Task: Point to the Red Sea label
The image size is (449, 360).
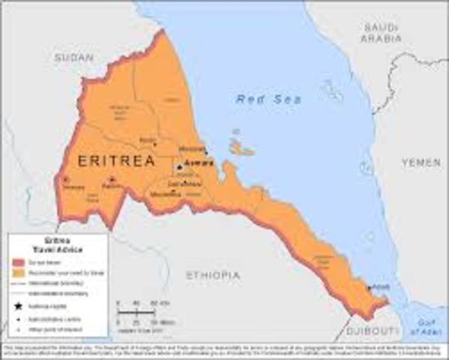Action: click(259, 99)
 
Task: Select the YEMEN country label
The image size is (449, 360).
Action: click(421, 161)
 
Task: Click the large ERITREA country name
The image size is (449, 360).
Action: click(115, 160)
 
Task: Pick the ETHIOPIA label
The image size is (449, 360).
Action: click(213, 274)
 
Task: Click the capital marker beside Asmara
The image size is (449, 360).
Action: click(180, 166)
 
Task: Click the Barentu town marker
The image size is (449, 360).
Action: click(112, 180)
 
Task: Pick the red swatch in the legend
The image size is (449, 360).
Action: click(19, 263)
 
